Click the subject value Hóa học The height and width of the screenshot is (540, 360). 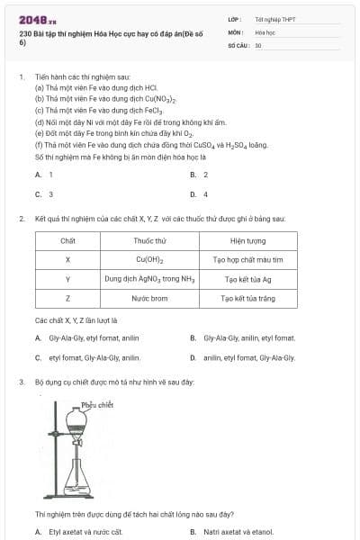pos(264,31)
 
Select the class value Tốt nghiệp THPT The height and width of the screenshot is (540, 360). pos(274,19)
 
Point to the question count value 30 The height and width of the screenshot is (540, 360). pos(258,44)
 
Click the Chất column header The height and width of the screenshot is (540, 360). pos(67,241)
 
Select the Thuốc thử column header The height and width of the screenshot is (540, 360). pos(149,241)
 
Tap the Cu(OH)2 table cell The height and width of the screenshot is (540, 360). pos(149,260)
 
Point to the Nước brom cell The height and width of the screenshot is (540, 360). pos(149,298)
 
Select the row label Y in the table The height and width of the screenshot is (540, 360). pos(67,279)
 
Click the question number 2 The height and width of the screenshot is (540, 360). pos(21,219)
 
